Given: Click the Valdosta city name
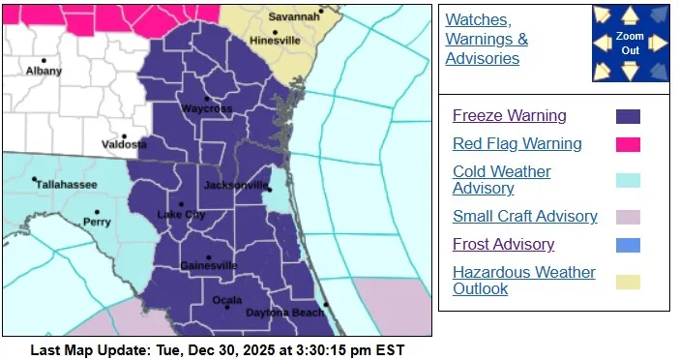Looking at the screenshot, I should point(125,145).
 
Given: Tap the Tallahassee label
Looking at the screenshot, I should point(61,179).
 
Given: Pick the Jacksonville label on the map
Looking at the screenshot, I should point(236,184).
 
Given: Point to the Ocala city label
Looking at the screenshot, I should point(226,296).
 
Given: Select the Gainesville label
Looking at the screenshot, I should point(207,265).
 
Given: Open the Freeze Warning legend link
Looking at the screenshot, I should point(509,116).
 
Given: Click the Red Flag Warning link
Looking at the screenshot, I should point(517,144).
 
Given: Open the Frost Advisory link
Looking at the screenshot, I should point(503,245).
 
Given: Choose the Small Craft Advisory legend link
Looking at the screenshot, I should point(524,217).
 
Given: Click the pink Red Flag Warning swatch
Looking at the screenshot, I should point(628,145).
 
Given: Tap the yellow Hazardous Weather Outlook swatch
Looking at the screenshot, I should point(628,282).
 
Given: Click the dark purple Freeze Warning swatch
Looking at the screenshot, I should point(628,117).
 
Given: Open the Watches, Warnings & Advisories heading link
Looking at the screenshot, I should point(487,40).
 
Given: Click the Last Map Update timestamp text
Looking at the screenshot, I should point(217,349).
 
